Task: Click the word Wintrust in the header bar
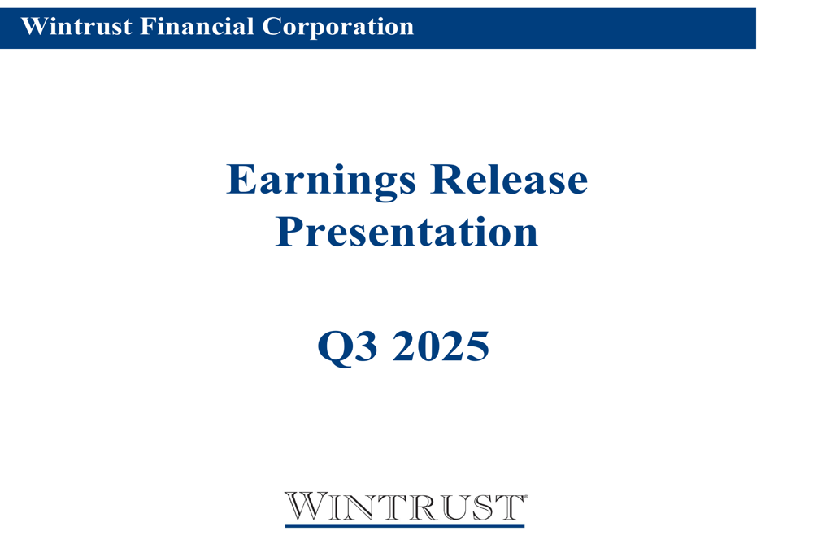pos(76,27)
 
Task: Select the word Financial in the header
pos(198,27)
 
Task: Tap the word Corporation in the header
pos(337,27)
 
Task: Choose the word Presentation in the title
pos(406,232)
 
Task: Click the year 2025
pos(441,347)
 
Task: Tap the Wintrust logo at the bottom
pos(404,507)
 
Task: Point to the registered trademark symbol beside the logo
pos(526,495)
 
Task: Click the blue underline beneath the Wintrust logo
pos(404,526)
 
